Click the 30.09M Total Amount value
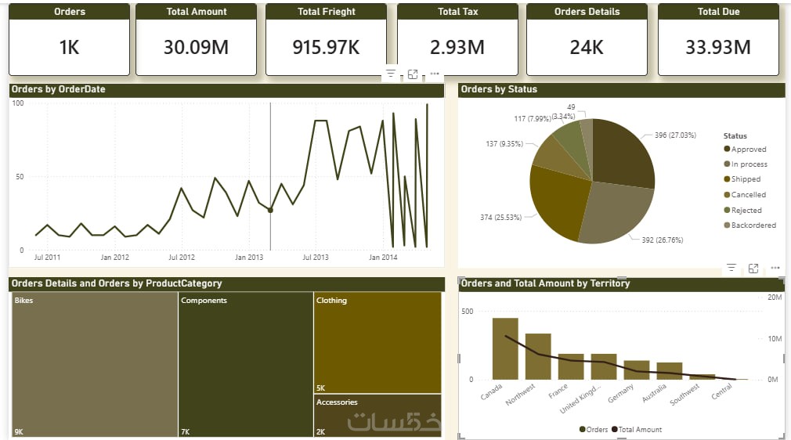[x=196, y=47]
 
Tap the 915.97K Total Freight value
[x=326, y=47]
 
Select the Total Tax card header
[x=459, y=12]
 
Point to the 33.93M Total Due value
[x=718, y=47]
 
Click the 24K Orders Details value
[x=587, y=47]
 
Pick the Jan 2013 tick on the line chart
[x=249, y=257]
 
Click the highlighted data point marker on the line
[x=270, y=210]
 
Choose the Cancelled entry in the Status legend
[x=748, y=195]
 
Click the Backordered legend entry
[x=753, y=225]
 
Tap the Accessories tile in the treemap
[x=377, y=415]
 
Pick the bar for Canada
[x=505, y=349]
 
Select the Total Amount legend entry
[x=639, y=429]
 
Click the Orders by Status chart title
[x=499, y=89]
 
